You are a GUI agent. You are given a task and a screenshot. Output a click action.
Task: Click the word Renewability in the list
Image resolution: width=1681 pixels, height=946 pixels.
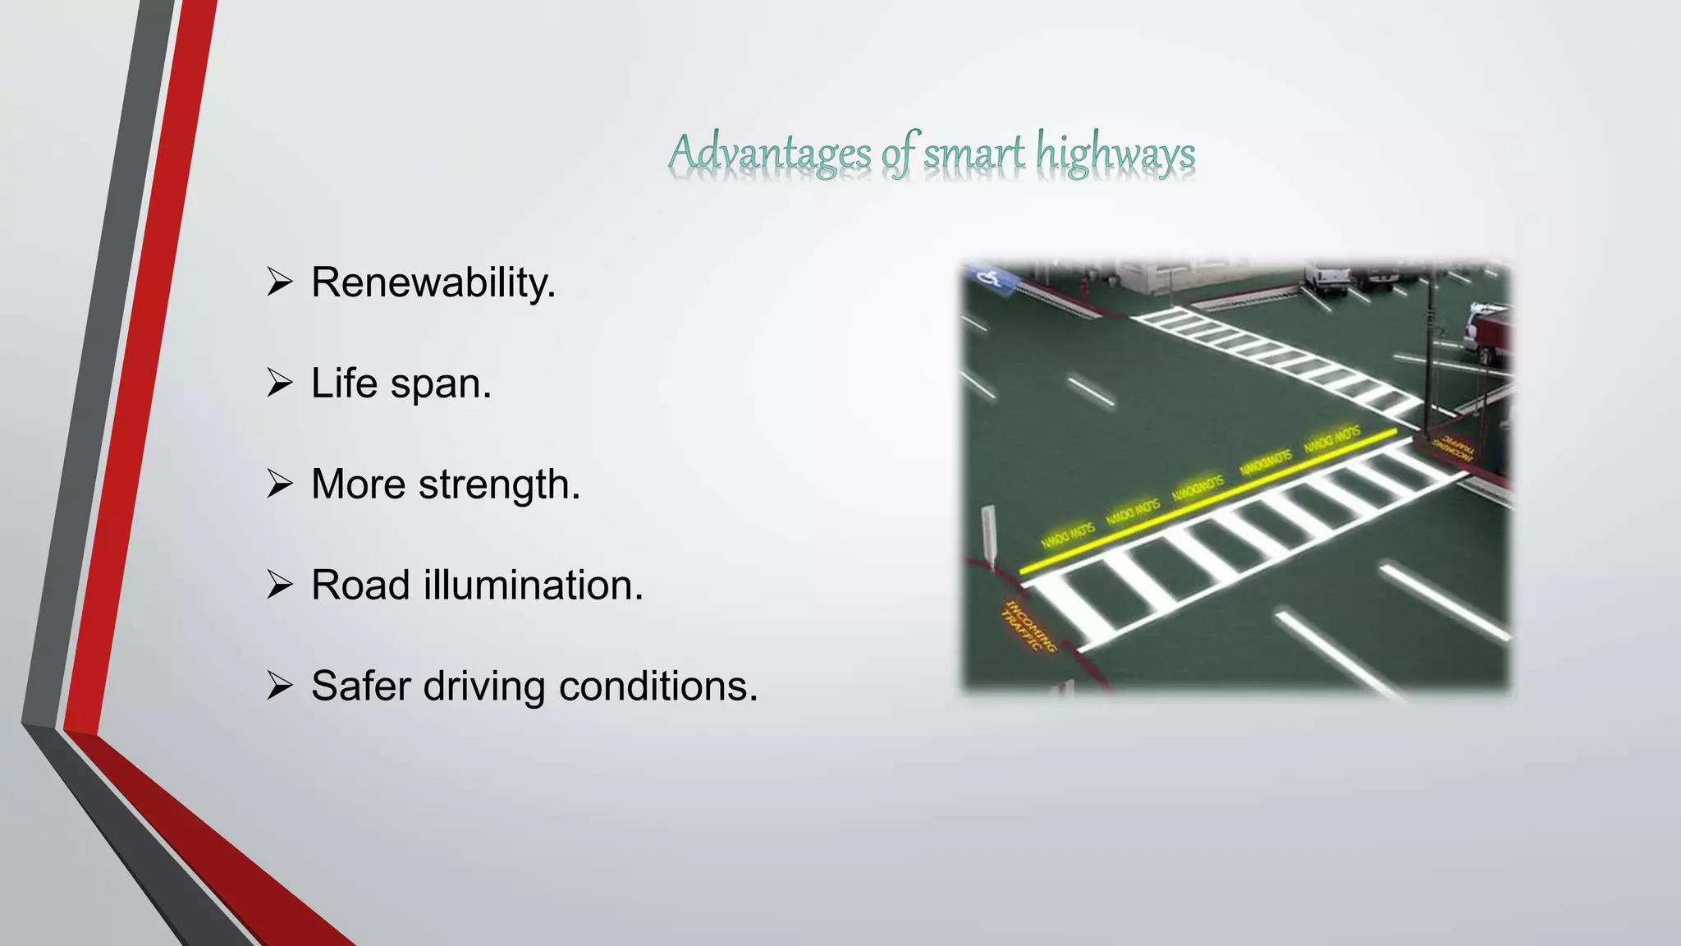(433, 283)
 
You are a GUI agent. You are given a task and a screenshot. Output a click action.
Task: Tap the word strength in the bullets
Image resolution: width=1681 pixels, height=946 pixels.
(498, 484)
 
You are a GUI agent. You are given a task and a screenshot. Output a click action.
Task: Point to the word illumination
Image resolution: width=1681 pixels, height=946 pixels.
(533, 586)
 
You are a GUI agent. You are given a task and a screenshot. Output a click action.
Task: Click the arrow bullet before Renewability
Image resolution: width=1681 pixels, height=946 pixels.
(280, 282)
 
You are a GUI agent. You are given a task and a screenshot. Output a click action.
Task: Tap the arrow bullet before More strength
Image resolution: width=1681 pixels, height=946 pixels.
(280, 484)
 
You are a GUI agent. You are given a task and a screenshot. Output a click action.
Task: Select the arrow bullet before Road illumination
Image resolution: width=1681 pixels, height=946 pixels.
(280, 586)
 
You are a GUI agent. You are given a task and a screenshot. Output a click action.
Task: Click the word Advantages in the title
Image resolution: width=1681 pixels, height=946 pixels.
(770, 154)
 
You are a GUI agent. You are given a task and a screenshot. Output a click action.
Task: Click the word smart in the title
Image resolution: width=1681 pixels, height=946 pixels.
(974, 154)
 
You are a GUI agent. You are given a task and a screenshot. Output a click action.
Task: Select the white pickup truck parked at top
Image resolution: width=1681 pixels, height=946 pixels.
(1326, 279)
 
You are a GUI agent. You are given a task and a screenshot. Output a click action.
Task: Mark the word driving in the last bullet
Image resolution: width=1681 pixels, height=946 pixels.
(483, 686)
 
